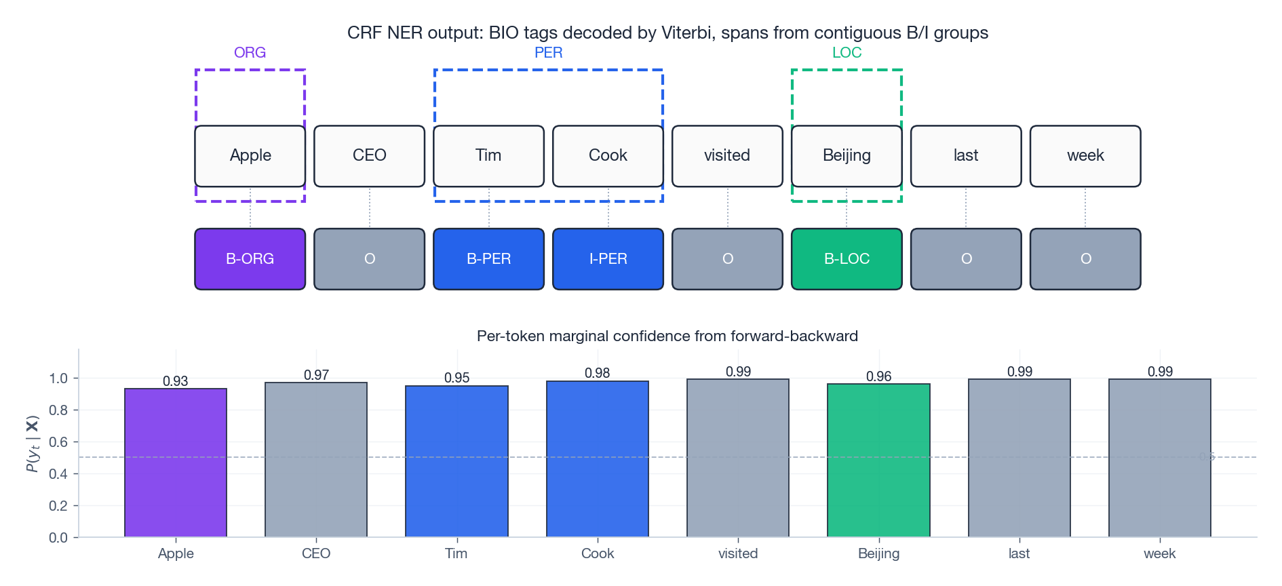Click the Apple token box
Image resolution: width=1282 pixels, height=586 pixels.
coord(250,156)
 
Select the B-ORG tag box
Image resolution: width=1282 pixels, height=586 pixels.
coord(250,259)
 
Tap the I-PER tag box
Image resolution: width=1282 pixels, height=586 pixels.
coord(608,259)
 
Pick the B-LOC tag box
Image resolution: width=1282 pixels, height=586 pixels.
coord(847,259)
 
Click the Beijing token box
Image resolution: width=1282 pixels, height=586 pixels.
coord(847,156)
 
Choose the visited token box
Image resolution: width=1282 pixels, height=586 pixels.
coord(727,156)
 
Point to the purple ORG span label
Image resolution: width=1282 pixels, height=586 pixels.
coord(250,53)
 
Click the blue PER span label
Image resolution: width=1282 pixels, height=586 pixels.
coord(548,53)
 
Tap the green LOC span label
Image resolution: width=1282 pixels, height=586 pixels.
coord(847,53)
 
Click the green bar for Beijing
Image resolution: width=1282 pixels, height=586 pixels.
coord(878,461)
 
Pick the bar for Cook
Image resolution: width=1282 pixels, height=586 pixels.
coord(598,459)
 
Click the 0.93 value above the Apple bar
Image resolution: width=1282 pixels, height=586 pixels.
coord(176,381)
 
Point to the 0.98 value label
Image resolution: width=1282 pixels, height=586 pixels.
coord(598,373)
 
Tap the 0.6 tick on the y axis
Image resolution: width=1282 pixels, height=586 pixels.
coord(58,442)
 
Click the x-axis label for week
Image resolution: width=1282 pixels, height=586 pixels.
coord(1159,553)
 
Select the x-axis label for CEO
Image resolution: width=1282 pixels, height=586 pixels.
coord(316,553)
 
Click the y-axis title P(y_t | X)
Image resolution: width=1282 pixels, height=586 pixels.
coord(33,444)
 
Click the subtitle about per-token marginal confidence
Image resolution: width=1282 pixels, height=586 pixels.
coord(667,336)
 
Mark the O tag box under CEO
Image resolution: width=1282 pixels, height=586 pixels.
coord(369,259)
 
